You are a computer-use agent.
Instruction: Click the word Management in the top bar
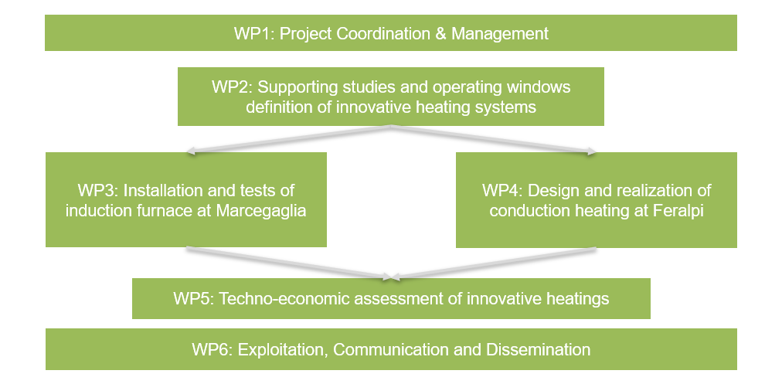500,34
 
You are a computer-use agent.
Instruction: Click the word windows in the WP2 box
539,87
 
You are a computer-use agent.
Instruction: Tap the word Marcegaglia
261,211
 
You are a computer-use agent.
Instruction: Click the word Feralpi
678,211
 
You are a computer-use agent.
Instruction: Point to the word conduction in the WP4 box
530,211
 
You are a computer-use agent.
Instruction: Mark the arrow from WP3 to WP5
288,262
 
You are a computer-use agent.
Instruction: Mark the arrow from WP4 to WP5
494,262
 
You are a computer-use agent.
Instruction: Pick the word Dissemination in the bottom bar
538,349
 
